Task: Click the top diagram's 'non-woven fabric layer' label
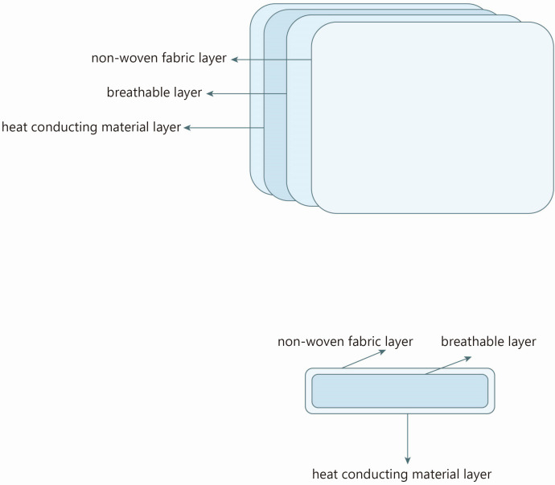pos(159,58)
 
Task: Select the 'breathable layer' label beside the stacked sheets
pos(154,92)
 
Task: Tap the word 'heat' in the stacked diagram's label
pos(14,127)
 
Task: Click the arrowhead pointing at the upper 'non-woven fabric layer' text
pos(234,60)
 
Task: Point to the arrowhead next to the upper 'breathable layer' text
pos(210,93)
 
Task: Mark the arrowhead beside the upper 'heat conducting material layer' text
pos(187,128)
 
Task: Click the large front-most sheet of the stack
pos(432,117)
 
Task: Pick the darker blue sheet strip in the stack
pos(275,106)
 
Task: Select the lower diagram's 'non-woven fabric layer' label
pos(345,342)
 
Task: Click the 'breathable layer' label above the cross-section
pos(488,342)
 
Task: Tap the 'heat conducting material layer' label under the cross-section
pos(401,474)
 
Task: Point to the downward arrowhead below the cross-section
pos(407,460)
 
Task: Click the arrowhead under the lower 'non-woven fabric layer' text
pos(382,352)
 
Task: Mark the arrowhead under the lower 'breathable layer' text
pos(468,359)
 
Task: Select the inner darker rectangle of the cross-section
pos(400,391)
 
